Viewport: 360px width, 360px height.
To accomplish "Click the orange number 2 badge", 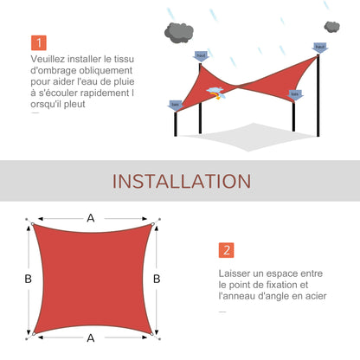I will (227, 250).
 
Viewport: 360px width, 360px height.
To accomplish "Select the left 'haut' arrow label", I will (202, 56).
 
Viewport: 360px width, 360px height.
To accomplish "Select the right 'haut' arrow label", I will (320, 48).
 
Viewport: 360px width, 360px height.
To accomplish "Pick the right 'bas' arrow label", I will (295, 94).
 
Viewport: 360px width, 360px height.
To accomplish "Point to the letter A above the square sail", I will (90, 219).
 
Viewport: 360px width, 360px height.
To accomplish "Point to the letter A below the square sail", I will (90, 338).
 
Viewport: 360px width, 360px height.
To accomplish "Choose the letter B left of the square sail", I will (29, 279).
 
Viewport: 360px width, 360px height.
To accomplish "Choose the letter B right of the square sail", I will (156, 279).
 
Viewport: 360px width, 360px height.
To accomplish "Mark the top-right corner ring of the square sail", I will (151, 227).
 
